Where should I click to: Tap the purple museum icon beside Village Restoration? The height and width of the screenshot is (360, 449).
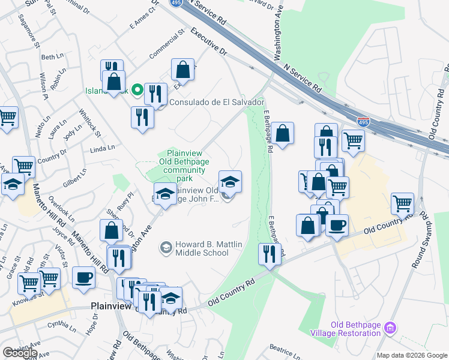tap(391, 328)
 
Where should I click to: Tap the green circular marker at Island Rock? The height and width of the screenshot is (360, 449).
tap(137, 91)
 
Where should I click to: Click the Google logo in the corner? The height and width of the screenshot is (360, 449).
tap(20, 353)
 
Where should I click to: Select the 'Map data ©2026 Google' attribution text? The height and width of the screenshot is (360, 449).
tap(412, 355)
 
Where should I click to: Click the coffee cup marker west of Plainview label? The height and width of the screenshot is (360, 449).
tap(83, 277)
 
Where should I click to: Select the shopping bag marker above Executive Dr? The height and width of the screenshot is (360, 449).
tap(183, 70)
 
